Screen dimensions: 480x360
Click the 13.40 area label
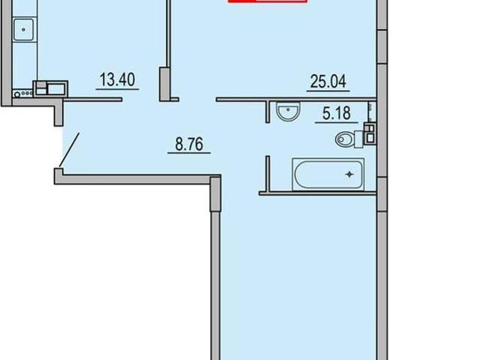click(117, 80)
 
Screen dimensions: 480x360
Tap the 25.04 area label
click(328, 82)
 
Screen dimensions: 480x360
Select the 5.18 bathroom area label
click(337, 113)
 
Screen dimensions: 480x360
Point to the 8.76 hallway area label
click(189, 144)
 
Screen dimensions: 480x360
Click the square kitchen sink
click(23, 29)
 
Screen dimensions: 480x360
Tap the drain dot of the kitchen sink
click(23, 30)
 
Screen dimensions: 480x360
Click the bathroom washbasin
click(288, 111)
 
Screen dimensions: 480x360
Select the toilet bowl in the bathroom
click(345, 140)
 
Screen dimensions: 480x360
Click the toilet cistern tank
click(358, 139)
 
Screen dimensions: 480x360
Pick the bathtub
click(328, 174)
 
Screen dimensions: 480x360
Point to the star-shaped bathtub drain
click(349, 175)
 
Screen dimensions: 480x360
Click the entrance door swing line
click(69, 150)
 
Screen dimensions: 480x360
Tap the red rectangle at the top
click(268, 1)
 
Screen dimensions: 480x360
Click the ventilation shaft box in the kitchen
click(50, 88)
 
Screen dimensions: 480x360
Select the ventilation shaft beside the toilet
click(370, 133)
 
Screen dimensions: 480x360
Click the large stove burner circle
click(17, 94)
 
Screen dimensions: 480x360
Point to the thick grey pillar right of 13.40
click(164, 84)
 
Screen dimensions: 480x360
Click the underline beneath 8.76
click(189, 153)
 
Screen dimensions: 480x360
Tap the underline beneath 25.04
click(328, 91)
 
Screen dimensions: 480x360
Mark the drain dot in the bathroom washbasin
click(288, 109)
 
